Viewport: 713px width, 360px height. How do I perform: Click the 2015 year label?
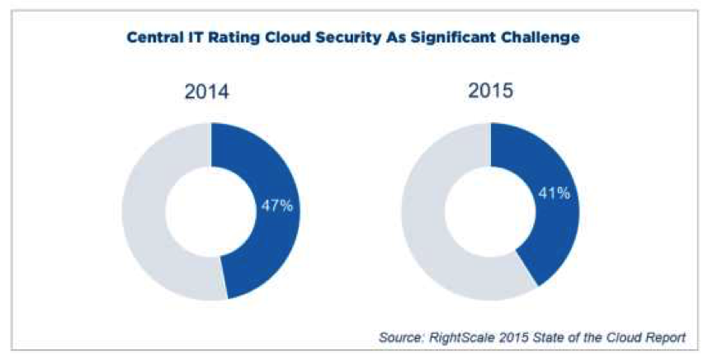pyautogui.click(x=490, y=90)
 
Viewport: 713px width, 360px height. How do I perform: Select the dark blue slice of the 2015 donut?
pyautogui.click(x=545, y=165)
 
